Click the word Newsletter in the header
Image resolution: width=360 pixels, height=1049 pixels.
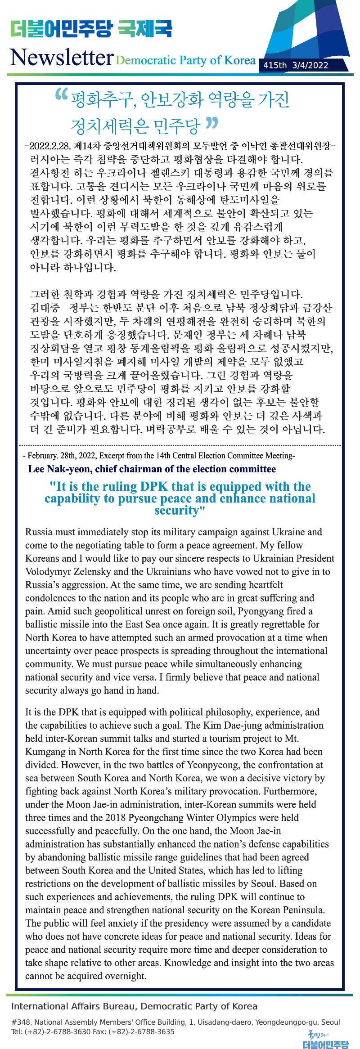tap(62, 57)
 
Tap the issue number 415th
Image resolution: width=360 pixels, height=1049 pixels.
tap(274, 65)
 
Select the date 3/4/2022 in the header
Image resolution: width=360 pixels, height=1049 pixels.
tap(310, 65)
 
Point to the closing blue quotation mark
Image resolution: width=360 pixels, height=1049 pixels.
tap(212, 122)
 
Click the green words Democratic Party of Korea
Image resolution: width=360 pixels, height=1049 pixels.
tap(185, 60)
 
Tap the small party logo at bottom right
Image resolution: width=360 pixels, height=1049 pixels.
tap(325, 1040)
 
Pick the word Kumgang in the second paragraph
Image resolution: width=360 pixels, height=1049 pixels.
tap(42, 752)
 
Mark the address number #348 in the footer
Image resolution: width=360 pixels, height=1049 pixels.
tap(21, 1022)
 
